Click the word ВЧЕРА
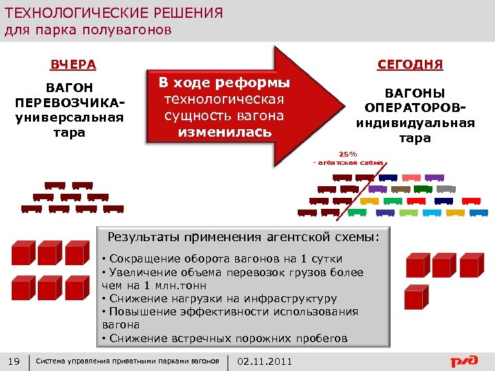[x=73, y=65]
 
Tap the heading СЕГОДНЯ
[x=410, y=65]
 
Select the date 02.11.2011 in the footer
[x=264, y=361]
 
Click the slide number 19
[x=12, y=361]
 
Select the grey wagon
[x=446, y=188]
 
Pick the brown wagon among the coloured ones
[x=400, y=188]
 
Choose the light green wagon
[x=395, y=200]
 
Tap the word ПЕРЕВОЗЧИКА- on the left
[x=69, y=104]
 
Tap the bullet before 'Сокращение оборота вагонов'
[x=103, y=260]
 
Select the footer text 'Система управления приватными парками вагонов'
[x=127, y=361]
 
